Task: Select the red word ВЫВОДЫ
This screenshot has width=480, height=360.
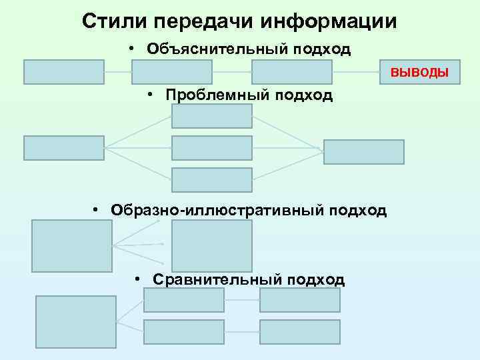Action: (x=419, y=72)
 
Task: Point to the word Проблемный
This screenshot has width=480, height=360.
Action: (x=215, y=95)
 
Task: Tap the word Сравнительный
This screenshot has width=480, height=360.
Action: (x=217, y=279)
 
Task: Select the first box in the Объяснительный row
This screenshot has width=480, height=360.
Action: (x=64, y=72)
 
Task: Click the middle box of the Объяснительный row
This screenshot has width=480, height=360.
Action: (x=172, y=72)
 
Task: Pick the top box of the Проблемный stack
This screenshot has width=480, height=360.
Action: (x=212, y=116)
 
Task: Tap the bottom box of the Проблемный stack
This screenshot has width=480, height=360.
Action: (x=212, y=180)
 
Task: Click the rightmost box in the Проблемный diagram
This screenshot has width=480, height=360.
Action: (x=364, y=152)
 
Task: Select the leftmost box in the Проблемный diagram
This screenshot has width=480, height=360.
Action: (x=64, y=147)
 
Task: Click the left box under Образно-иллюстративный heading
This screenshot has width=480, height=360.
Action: (x=72, y=246)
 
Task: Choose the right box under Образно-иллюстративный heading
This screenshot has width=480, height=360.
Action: (x=212, y=246)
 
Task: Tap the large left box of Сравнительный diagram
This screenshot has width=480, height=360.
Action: (x=67, y=323)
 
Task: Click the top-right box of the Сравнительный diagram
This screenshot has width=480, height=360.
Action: (x=300, y=300)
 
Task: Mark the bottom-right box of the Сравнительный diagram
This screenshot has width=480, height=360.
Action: (x=300, y=332)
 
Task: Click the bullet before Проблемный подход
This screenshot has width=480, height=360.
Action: (x=151, y=95)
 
